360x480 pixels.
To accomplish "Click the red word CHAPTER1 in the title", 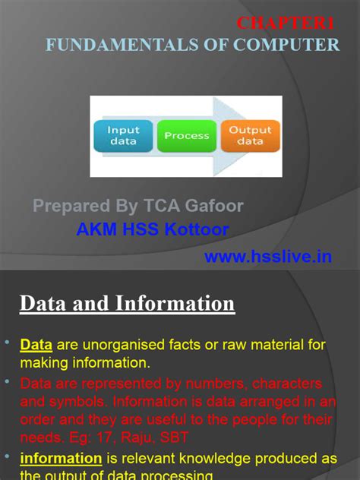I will click(x=286, y=24).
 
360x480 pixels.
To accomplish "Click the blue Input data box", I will click(x=123, y=136).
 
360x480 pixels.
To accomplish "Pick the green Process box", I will click(x=186, y=136).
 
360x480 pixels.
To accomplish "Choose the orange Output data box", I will click(x=250, y=136).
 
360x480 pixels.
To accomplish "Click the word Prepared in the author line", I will click(x=70, y=206).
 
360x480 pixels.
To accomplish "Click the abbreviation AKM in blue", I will click(x=97, y=229).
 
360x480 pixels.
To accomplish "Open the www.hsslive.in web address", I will click(x=268, y=257).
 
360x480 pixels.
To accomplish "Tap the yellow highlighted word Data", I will click(x=36, y=345).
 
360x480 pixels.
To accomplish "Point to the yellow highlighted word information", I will click(x=61, y=458).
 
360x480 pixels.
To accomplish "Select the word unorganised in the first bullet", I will click(x=130, y=345).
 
